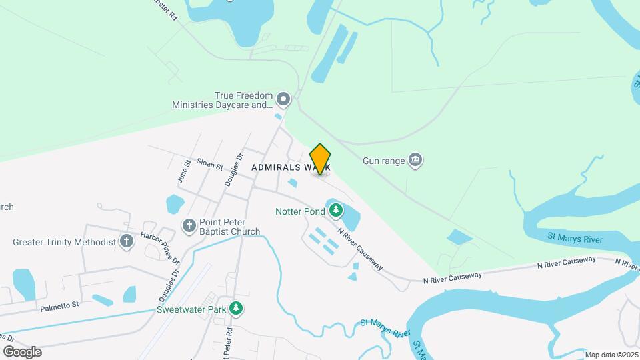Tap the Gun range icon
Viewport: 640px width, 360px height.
click(x=417, y=161)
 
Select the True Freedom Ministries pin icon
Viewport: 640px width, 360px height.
click(x=283, y=101)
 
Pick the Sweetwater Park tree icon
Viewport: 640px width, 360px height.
click(x=235, y=309)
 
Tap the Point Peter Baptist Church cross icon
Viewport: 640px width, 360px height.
click(x=189, y=226)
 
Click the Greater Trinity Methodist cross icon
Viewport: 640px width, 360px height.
click(x=127, y=242)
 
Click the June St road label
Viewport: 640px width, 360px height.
click(x=185, y=171)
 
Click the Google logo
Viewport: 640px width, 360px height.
click(x=21, y=352)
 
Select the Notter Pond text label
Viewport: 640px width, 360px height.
click(x=300, y=212)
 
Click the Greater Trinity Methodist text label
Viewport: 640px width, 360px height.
click(x=65, y=242)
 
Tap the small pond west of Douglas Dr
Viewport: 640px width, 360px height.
click(x=175, y=203)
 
